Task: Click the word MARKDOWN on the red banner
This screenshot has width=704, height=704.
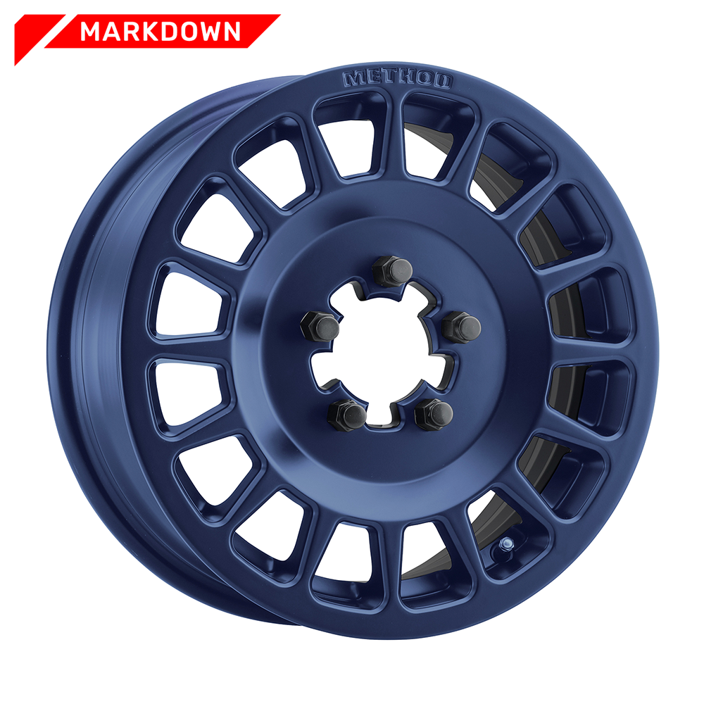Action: [x=161, y=32]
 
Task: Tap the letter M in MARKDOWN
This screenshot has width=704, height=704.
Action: [x=91, y=32]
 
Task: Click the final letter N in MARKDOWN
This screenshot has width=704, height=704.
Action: [x=231, y=32]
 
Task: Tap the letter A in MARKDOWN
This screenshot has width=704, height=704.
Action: [x=106, y=32]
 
